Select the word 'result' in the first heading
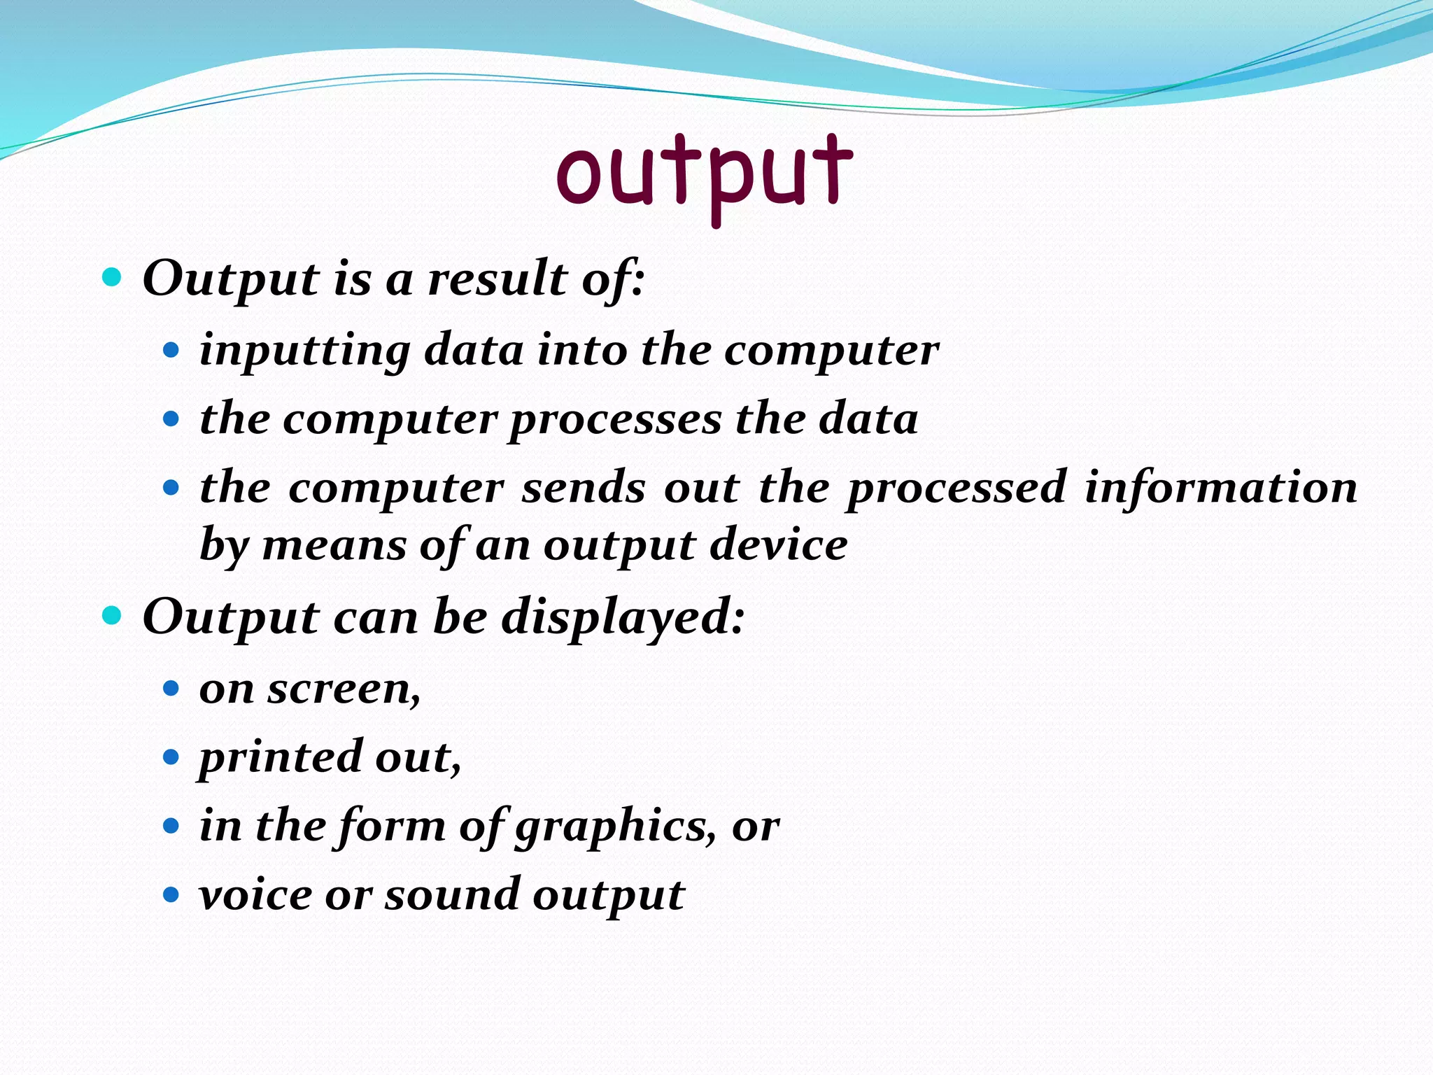pos(497,279)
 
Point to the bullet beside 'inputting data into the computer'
pos(171,349)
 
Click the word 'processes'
pos(616,421)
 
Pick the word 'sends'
pos(584,488)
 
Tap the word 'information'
pos(1220,488)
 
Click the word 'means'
pos(334,545)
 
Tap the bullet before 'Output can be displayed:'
pos(112,616)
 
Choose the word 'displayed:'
pos(623,618)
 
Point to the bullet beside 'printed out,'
pos(171,757)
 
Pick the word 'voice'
pos(255,895)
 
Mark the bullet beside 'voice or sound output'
pos(171,894)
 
